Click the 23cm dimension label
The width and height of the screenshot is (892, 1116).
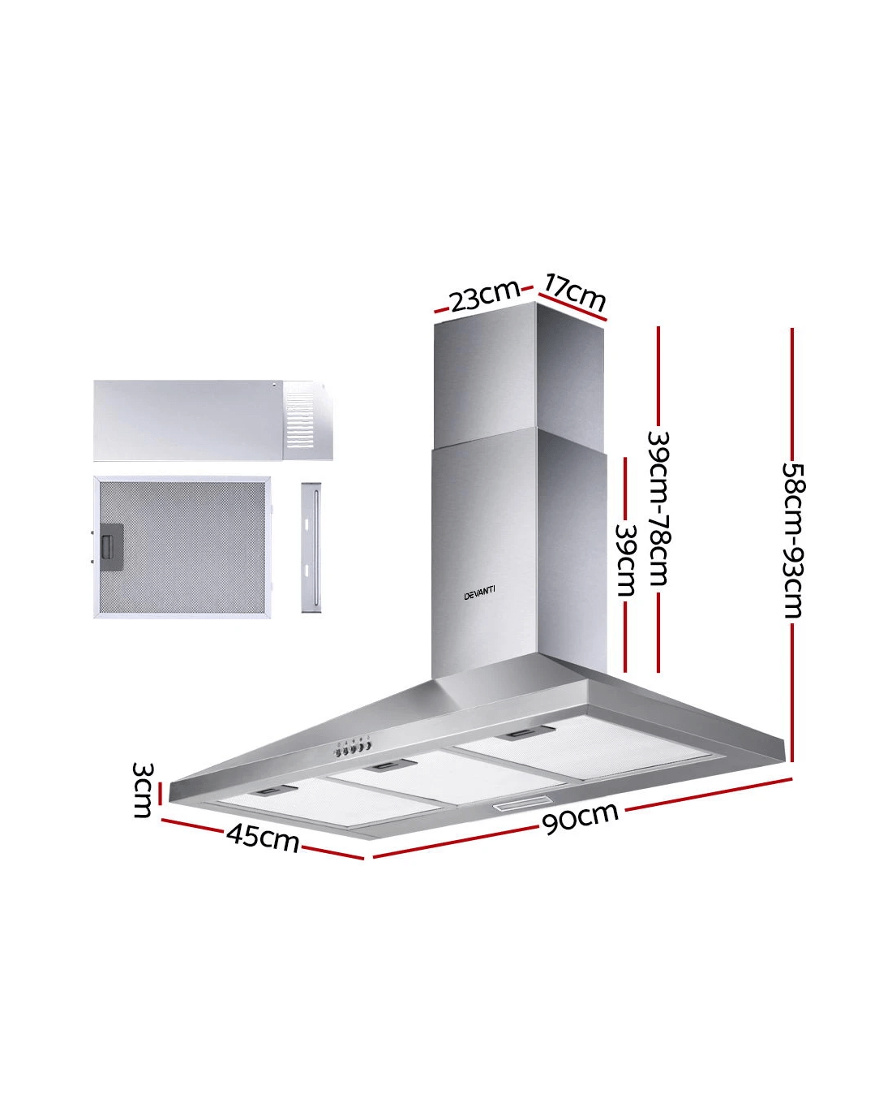click(x=485, y=295)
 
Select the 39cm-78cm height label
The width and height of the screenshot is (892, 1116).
click(x=659, y=509)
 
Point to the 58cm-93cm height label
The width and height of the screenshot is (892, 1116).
click(x=792, y=540)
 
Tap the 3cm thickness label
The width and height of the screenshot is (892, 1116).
click(x=143, y=790)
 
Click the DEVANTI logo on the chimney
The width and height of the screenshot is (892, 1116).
click(x=479, y=592)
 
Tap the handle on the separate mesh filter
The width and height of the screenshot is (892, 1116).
click(x=111, y=546)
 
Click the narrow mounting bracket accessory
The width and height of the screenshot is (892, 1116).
click(x=311, y=547)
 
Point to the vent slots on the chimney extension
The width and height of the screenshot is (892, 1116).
click(x=299, y=420)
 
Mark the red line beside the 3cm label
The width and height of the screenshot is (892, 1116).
click(x=161, y=791)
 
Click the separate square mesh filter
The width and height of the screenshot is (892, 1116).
click(x=182, y=547)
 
